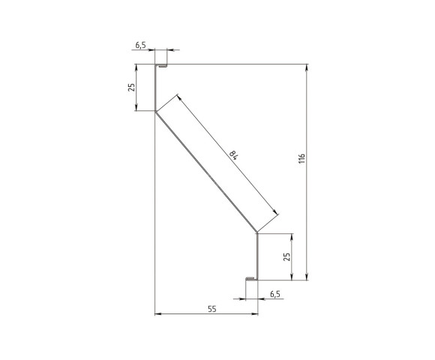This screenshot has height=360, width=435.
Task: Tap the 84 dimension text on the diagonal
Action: pos(234,155)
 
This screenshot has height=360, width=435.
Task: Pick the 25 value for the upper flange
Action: pos(132,87)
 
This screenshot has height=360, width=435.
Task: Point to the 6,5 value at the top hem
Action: pos(140,45)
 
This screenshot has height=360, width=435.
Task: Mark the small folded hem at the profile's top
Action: pos(160,66)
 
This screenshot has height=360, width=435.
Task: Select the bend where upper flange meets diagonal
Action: pos(155,112)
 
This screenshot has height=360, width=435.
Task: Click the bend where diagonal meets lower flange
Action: pos(257,232)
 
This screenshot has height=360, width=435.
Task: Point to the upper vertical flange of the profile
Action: pos(155,88)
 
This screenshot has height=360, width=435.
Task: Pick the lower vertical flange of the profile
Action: pos(257,256)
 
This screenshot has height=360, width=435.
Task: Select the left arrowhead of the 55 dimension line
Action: pos(157,314)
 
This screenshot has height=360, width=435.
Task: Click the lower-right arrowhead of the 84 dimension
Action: pos(275,214)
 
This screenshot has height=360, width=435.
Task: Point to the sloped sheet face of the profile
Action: pos(206,172)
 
